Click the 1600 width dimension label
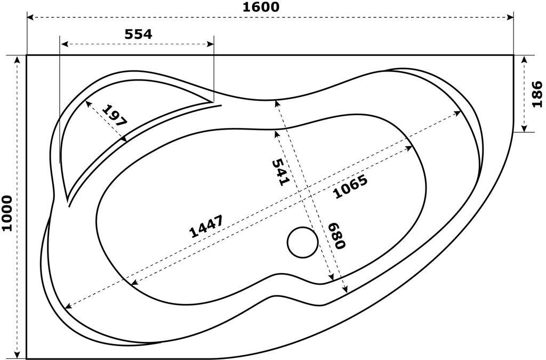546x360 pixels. (x=261, y=7)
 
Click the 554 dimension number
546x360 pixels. (x=138, y=34)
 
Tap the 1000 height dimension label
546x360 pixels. (x=7, y=213)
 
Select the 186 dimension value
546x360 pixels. (x=536, y=93)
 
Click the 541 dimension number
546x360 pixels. (x=280, y=172)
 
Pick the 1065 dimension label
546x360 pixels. (x=350, y=187)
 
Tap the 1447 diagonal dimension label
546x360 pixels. (x=206, y=226)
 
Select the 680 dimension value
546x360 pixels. (x=338, y=236)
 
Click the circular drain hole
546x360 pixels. (x=303, y=242)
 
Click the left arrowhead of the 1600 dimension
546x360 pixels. (x=30, y=18)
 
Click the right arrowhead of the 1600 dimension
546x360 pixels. (x=510, y=18)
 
